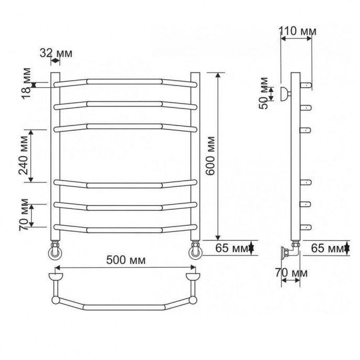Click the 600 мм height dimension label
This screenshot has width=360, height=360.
pos(210,156)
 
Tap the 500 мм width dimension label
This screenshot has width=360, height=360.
pos(126,260)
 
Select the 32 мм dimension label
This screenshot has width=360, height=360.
pos(56,53)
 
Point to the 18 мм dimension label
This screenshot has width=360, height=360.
pos(27,83)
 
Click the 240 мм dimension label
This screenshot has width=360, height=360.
pos(24,156)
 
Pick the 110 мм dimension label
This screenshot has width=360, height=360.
pos(298,31)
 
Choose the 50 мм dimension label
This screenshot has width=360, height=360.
pos(263,93)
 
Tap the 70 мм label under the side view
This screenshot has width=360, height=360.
pos(291,273)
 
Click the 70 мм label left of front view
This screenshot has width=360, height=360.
pos(24,215)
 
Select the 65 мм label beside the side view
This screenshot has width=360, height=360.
pos(327,248)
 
